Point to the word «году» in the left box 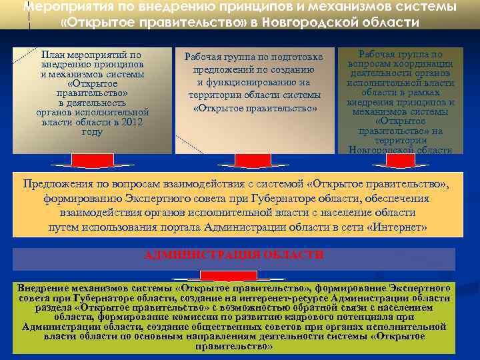92,132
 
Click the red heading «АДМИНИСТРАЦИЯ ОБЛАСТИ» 234,255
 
